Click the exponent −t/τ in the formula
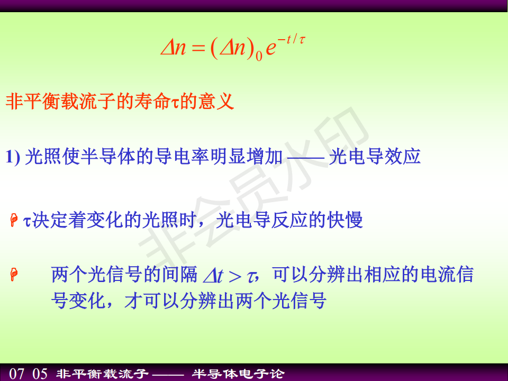pyautogui.click(x=291, y=40)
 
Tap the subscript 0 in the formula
pyautogui.click(x=259, y=57)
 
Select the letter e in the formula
pyautogui.click(x=271, y=49)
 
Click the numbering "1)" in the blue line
pyautogui.click(x=13, y=157)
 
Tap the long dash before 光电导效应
pyautogui.click(x=305, y=158)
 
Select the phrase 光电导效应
pyautogui.click(x=375, y=157)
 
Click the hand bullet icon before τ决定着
pyautogui.click(x=14, y=220)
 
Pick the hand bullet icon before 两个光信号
pyautogui.click(x=14, y=275)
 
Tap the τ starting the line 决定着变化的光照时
pyautogui.click(x=27, y=222)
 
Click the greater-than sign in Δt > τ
pyautogui.click(x=235, y=277)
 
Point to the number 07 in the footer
pyautogui.click(x=16, y=374)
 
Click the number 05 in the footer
pyautogui.click(x=40, y=374)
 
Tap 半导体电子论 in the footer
pyautogui.click(x=238, y=374)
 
